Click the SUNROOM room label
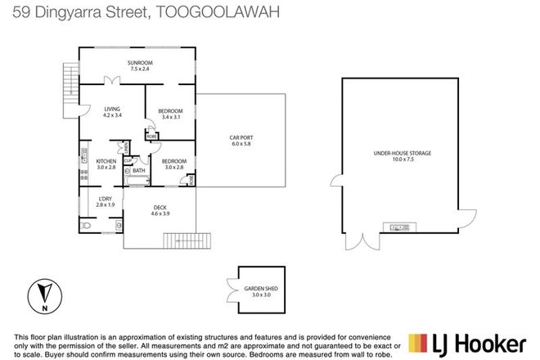[x=140, y=63]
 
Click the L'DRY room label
[x=105, y=199]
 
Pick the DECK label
[x=160, y=207]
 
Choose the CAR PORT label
[x=241, y=137]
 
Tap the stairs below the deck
[x=182, y=241]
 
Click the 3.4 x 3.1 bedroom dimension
[x=171, y=117]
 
